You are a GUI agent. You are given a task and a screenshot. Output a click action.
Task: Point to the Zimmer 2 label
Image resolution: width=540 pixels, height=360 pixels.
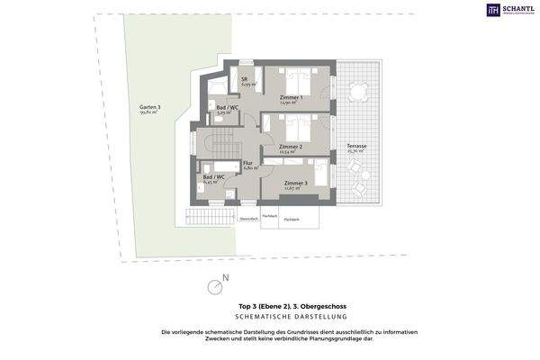click(x=290, y=148)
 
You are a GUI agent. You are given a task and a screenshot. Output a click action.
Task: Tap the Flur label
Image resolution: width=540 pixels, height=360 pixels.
click(x=248, y=165)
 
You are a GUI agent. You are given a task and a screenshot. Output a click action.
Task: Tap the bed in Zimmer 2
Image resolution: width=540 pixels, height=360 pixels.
click(x=297, y=125)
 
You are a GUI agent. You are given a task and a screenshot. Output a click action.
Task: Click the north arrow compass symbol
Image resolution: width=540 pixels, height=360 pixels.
click(x=215, y=286)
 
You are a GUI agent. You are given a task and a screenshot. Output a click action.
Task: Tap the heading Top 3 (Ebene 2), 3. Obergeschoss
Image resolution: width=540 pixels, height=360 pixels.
click(x=269, y=309)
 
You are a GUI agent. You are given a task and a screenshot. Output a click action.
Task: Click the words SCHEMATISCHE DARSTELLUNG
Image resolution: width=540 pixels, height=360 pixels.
click(x=269, y=319)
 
